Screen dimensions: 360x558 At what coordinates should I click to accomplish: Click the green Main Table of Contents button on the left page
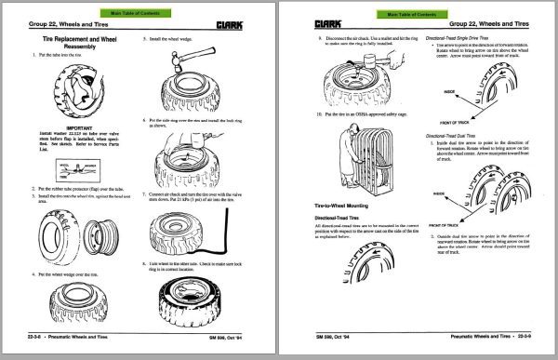(136, 12)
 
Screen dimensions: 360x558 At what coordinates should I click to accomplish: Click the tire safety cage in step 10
(372, 148)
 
